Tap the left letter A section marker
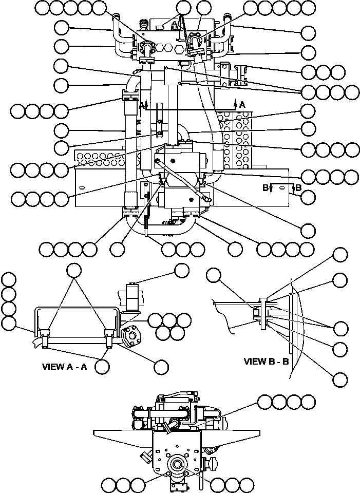[141, 105]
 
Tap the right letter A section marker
[242, 104]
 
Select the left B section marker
[266, 188]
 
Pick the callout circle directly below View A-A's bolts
[103, 366]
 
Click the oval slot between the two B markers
[281, 191]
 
